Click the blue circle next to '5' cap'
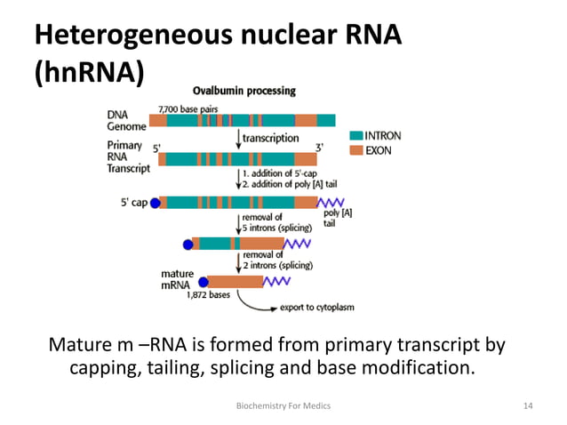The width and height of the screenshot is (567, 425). click(155, 203)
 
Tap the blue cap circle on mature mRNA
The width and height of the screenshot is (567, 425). click(203, 282)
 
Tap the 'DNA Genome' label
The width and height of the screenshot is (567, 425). click(127, 120)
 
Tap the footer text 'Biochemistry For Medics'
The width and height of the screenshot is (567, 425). click(283, 405)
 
